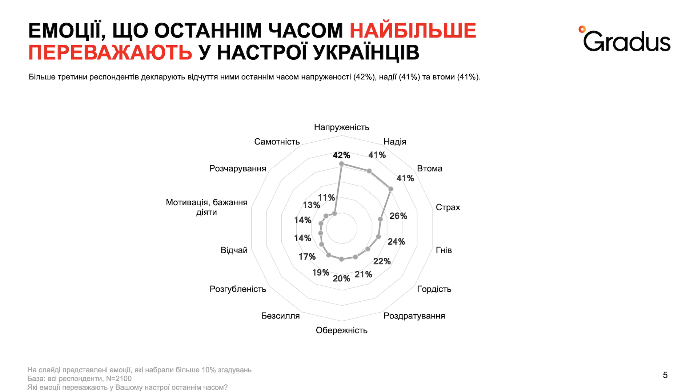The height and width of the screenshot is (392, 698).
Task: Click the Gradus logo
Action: (x=625, y=39)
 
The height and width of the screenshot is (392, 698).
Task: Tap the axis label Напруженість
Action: (x=342, y=127)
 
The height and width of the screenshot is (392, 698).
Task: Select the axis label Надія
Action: (x=395, y=142)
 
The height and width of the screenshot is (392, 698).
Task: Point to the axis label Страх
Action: (x=448, y=207)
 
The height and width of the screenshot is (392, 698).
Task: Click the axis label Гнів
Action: (x=444, y=250)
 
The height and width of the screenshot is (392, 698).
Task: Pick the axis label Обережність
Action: (x=342, y=330)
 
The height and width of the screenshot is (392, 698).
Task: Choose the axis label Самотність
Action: (x=277, y=142)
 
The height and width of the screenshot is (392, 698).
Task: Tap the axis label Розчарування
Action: (x=238, y=169)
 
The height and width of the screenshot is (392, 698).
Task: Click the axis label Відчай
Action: (x=234, y=250)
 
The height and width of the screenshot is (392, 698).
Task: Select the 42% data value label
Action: (x=341, y=155)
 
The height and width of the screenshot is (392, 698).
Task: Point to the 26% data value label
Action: (x=398, y=216)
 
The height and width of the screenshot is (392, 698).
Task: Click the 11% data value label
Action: (x=326, y=198)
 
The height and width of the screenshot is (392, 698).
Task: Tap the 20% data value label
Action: (x=341, y=278)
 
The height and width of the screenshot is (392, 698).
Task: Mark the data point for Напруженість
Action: (x=341, y=164)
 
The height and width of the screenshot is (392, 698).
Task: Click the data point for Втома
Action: (x=391, y=189)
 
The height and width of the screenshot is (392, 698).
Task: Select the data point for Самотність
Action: (x=334, y=213)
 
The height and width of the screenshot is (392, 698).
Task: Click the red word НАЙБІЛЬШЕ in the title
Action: (x=413, y=31)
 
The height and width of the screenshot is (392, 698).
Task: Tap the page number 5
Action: (x=665, y=375)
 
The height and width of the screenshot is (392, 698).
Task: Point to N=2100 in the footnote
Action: (x=119, y=379)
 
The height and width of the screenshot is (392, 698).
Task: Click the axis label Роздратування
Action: (x=414, y=316)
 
